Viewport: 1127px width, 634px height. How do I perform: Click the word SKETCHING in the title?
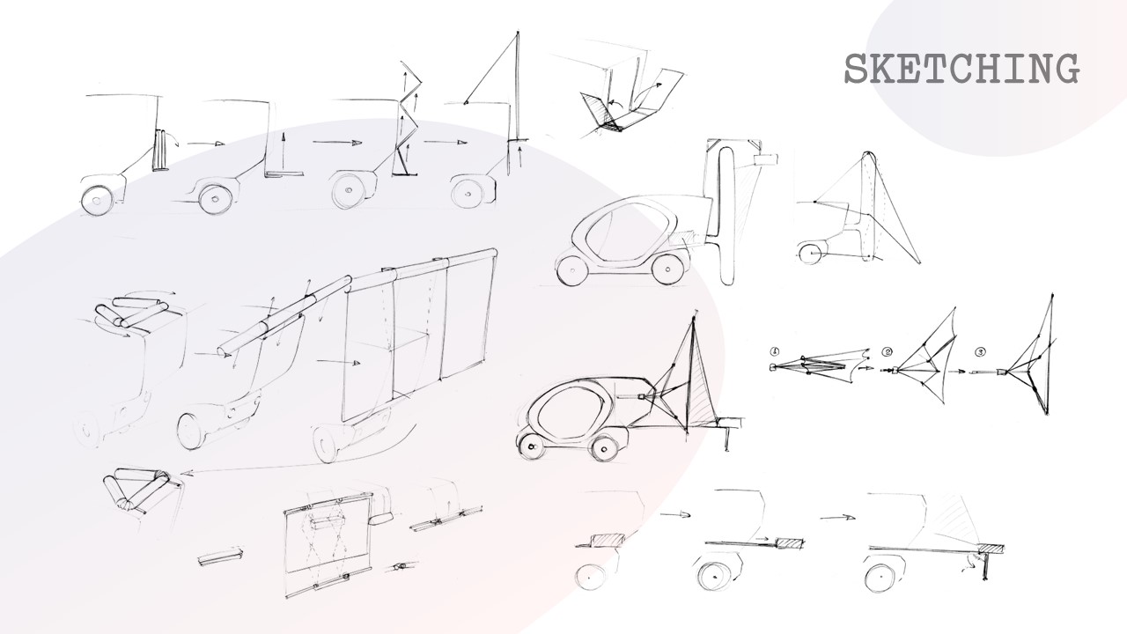coord(961,69)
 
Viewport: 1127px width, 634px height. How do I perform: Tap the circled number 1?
coord(775,350)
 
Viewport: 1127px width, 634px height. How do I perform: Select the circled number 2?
coord(887,352)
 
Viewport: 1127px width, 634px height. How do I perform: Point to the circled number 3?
coord(980,352)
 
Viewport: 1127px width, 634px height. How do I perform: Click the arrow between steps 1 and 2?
coord(865,368)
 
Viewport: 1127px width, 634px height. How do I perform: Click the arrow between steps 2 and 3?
coord(956,372)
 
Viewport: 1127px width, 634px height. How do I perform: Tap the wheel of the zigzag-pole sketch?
coord(348,192)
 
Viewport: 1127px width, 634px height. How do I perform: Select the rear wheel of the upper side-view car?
coord(667,269)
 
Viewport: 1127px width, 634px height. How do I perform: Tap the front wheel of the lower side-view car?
coord(531,446)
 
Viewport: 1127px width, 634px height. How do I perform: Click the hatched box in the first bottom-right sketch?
coord(608,539)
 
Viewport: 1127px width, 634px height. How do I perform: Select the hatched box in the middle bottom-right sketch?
coord(789,543)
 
